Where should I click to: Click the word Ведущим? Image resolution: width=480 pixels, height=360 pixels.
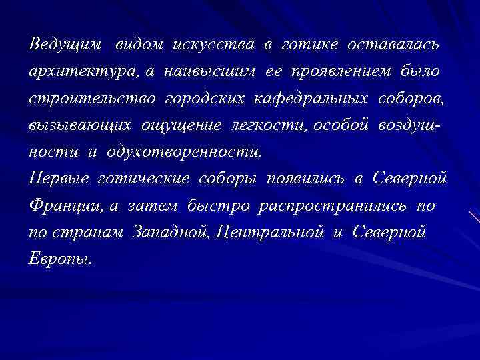coord(65,45)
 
